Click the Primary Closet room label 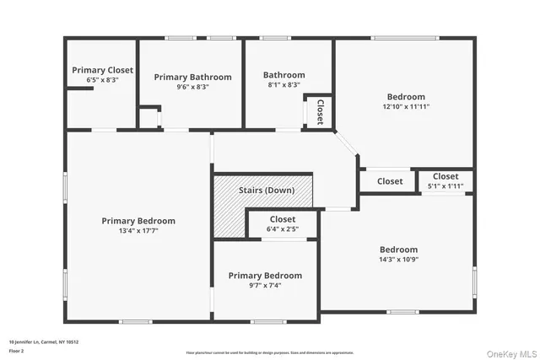pos(102,70)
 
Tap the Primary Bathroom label pos(192,77)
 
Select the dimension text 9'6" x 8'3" pos(192,87)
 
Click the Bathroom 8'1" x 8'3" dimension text pos(283,85)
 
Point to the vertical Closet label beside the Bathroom pos(320,112)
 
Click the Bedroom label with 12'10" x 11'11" pos(406,97)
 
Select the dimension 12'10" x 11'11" pos(406,107)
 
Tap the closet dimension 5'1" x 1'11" pos(445,185)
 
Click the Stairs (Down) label pos(267,191)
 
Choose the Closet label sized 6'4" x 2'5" pos(283,219)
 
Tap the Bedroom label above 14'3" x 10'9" pos(398,250)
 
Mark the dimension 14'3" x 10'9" pos(398,260)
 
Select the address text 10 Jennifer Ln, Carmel pos(43,341)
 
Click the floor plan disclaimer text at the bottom pos(271,352)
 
